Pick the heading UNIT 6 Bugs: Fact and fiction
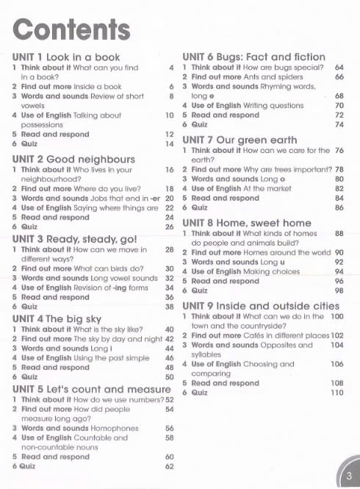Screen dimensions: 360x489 253,57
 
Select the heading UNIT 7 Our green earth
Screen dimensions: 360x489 240,139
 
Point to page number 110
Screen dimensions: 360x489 337,393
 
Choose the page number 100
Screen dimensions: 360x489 337,315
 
